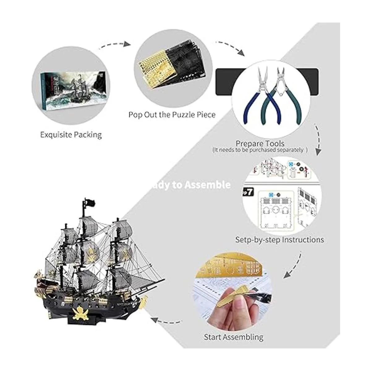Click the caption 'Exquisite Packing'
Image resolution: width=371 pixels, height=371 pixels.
pos(71,135)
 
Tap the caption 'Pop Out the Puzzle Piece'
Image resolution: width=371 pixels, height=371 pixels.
pos(172,115)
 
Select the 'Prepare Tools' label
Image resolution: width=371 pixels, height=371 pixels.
pos(260,143)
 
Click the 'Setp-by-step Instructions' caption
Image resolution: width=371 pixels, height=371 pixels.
pos(280,240)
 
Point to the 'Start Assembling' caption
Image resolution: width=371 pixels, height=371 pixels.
pos(233,337)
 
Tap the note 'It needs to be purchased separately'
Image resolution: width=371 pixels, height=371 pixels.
pos(260,150)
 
